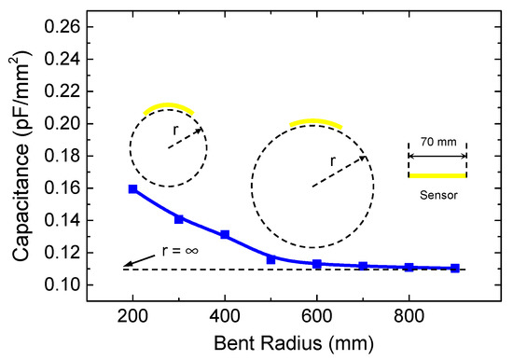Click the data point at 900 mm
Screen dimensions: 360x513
(455, 269)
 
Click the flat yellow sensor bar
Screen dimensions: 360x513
(437, 175)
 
